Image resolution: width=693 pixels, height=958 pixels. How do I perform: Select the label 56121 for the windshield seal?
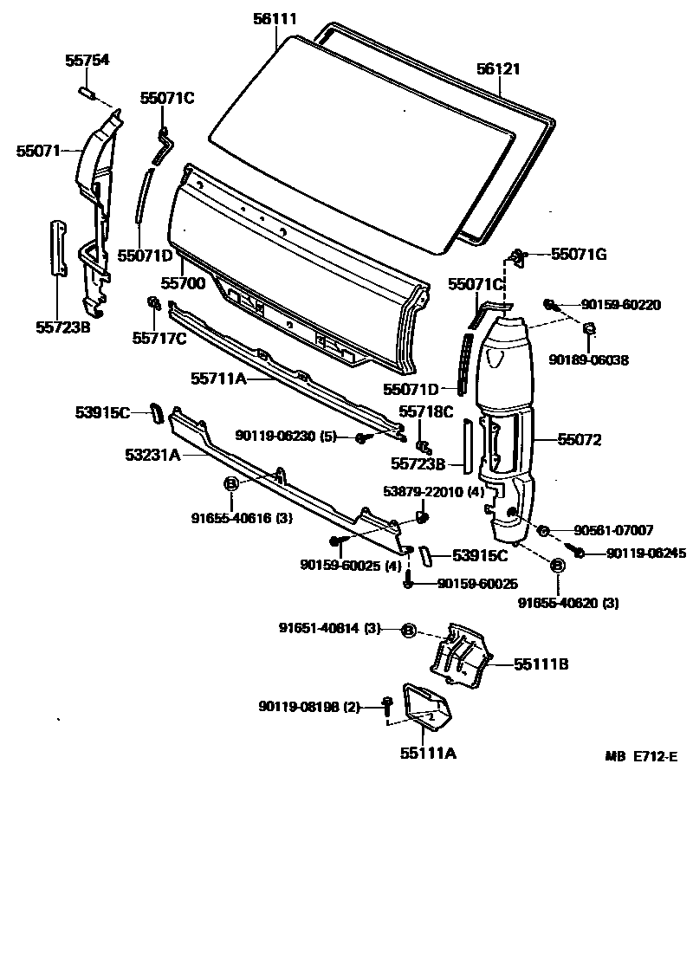coord(498,68)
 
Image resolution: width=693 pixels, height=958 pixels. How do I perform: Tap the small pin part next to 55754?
coord(86,90)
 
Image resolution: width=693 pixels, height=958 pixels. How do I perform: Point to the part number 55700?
coord(182,283)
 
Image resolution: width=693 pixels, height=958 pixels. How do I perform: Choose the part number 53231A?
coord(152,454)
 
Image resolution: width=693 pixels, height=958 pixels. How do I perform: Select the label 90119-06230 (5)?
coord(286,436)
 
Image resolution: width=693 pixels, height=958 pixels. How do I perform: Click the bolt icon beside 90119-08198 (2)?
coord(385,708)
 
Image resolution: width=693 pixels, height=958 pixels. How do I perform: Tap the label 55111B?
coord(541,664)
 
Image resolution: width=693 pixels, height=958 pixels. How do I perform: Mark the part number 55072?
coord(580,440)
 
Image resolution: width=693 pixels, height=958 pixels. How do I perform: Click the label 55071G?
coord(579,254)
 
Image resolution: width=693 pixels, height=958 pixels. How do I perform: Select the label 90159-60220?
coord(621,305)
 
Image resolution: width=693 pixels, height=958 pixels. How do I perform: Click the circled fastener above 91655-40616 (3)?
coord(232,483)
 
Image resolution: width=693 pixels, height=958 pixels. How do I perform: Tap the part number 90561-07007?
coord(612,530)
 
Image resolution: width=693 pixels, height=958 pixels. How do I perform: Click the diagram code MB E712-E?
coord(641,756)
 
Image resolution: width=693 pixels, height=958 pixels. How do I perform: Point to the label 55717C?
coord(159,338)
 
